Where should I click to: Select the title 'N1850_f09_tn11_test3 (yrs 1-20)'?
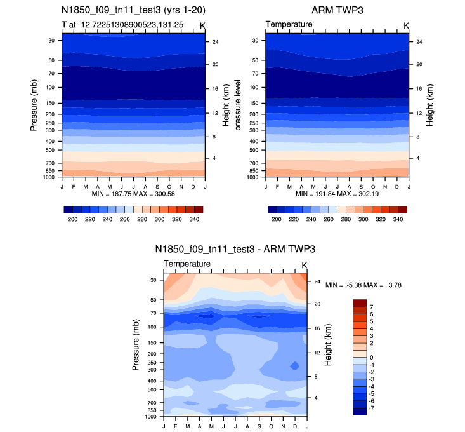133,11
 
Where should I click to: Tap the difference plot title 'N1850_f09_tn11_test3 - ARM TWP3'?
235,249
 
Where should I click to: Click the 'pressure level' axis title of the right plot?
239,105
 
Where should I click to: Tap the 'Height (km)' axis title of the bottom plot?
328,345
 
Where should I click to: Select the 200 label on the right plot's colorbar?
277,218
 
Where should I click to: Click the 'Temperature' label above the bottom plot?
187,264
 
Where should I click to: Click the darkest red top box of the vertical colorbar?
360,303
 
